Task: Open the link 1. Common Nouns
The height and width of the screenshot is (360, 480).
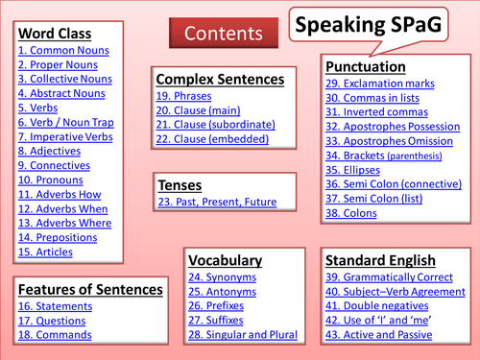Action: tap(63, 50)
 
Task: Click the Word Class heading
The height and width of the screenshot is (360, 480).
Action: tap(56, 33)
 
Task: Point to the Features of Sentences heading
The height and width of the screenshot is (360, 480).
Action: tap(90, 288)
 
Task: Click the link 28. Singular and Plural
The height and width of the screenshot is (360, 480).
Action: tap(243, 336)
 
